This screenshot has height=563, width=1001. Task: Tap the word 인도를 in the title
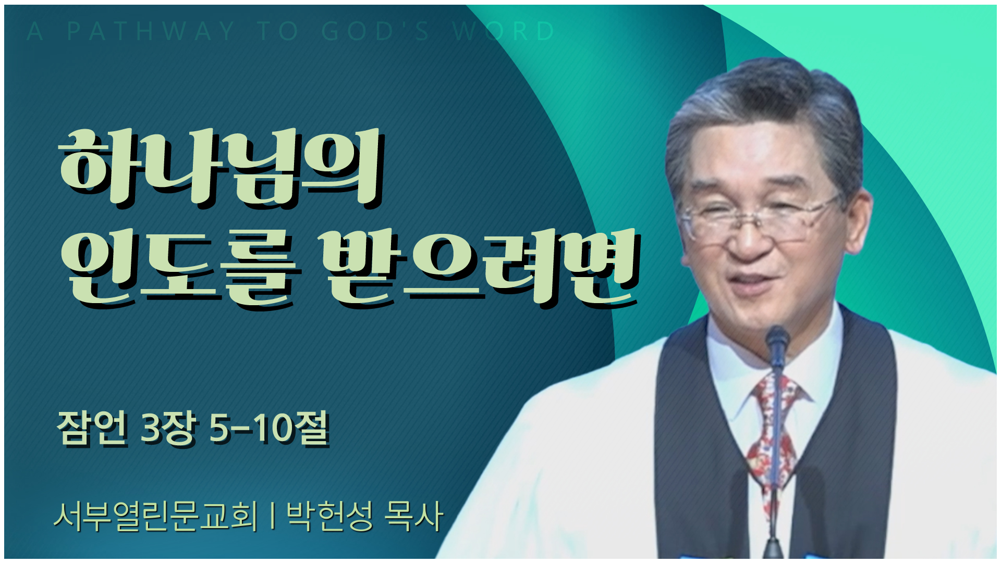coord(181,268)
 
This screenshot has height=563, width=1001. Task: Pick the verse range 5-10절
coord(269,428)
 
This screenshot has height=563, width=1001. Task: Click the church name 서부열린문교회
coord(156,516)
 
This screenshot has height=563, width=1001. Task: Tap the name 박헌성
coord(329,516)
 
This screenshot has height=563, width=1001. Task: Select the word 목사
coord(413,516)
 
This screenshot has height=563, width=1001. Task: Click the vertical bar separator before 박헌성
coord(273,516)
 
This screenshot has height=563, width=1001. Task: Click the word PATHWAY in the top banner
coord(151,31)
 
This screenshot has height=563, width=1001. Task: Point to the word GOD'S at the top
coord(375,31)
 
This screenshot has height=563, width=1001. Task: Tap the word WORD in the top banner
coord(504,31)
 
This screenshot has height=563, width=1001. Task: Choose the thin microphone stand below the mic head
coord(775,458)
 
